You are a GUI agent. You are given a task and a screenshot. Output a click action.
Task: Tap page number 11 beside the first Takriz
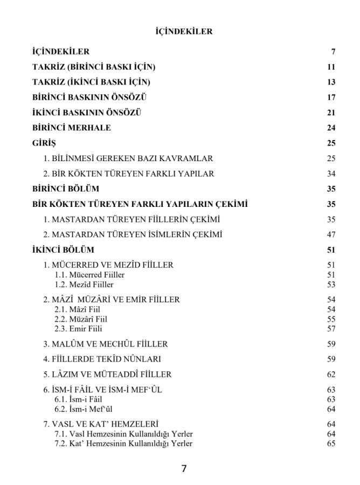point(331,67)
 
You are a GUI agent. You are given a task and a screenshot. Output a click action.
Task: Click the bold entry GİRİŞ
point(44,143)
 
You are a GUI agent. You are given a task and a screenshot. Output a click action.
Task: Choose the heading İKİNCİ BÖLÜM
point(63,250)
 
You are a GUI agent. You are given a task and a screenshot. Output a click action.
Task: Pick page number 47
point(331,234)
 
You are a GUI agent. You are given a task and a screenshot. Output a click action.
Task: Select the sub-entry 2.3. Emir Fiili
point(79,328)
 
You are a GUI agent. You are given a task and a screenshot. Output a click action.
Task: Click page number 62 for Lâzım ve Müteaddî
point(331,374)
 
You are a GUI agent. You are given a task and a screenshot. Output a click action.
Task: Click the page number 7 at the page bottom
point(184,469)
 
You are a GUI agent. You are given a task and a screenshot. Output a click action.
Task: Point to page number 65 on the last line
point(331,444)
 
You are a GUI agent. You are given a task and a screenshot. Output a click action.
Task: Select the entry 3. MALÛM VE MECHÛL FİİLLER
point(105,343)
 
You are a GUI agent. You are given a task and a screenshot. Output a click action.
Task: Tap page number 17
point(331,98)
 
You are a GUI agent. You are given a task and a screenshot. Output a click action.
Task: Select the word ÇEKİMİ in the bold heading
point(229,204)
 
